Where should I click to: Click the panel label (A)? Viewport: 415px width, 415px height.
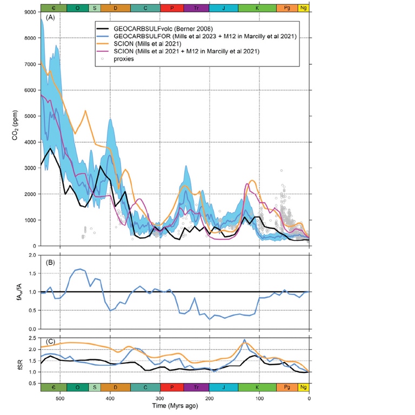coord(50,18)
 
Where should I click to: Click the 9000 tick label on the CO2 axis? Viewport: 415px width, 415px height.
coord(30,12)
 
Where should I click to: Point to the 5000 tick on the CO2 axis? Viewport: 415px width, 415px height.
coord(30,116)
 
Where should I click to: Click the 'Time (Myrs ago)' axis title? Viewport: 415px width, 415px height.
coord(175,406)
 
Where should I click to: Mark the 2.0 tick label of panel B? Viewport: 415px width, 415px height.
coord(30,254)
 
